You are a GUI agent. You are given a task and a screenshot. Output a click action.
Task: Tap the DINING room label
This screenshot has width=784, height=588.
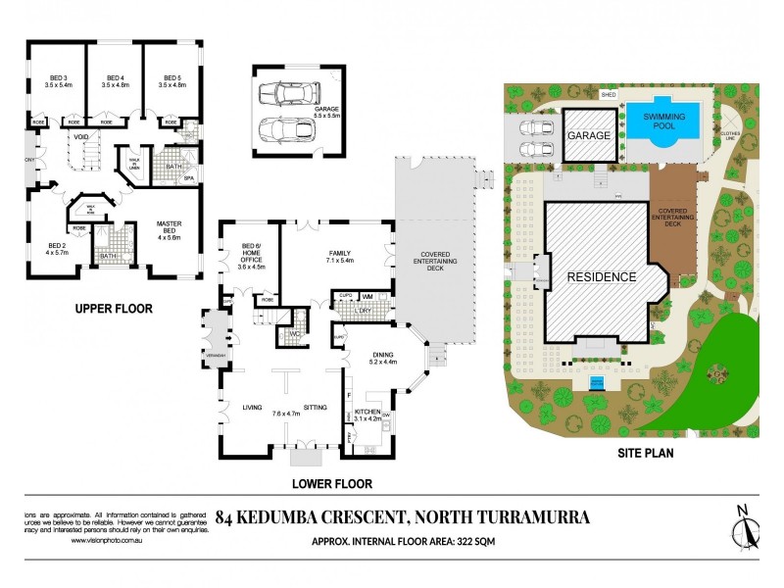coord(382,357)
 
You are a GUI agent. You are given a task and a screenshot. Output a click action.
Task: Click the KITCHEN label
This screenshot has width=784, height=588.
coord(367,413)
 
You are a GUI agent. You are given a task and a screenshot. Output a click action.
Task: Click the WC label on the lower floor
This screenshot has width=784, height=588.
coord(293,333)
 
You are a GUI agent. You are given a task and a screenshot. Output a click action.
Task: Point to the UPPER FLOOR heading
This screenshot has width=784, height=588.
coord(115,309)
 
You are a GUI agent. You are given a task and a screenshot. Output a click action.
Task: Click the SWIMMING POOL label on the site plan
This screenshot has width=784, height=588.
coord(664,122)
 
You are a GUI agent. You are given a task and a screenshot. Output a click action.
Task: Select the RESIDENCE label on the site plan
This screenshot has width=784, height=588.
coord(602,277)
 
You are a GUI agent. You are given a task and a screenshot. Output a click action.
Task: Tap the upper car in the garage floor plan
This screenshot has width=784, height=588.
coord(287,93)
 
